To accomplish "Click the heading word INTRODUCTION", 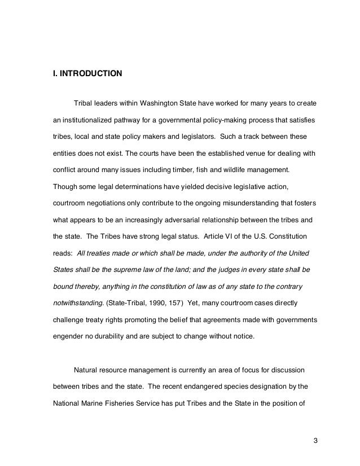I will pos(87,73).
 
